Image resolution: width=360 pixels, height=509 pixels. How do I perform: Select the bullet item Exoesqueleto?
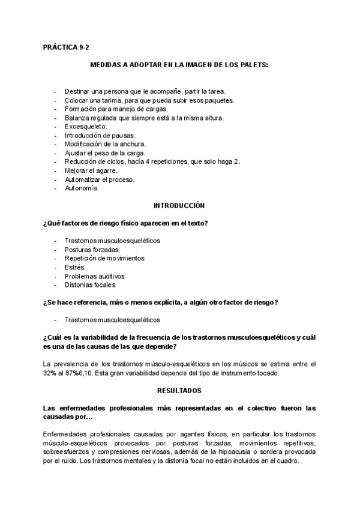(x=86, y=127)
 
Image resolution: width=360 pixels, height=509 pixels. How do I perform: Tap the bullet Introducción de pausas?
(x=100, y=136)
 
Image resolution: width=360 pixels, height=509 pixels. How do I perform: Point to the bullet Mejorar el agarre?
(x=91, y=170)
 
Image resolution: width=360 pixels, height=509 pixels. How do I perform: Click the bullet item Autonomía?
(x=82, y=188)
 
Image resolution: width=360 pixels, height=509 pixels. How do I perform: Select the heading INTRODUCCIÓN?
(x=179, y=205)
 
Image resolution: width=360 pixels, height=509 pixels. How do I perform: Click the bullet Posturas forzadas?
(x=91, y=249)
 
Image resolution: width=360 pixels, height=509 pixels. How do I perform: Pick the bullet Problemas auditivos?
(x=94, y=276)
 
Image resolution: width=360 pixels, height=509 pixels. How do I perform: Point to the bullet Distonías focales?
(x=89, y=285)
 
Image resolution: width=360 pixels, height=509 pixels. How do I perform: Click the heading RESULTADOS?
(x=179, y=390)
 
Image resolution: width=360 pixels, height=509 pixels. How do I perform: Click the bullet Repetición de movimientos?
(x=104, y=258)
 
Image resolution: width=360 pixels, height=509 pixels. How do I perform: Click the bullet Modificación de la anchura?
(x=105, y=144)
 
